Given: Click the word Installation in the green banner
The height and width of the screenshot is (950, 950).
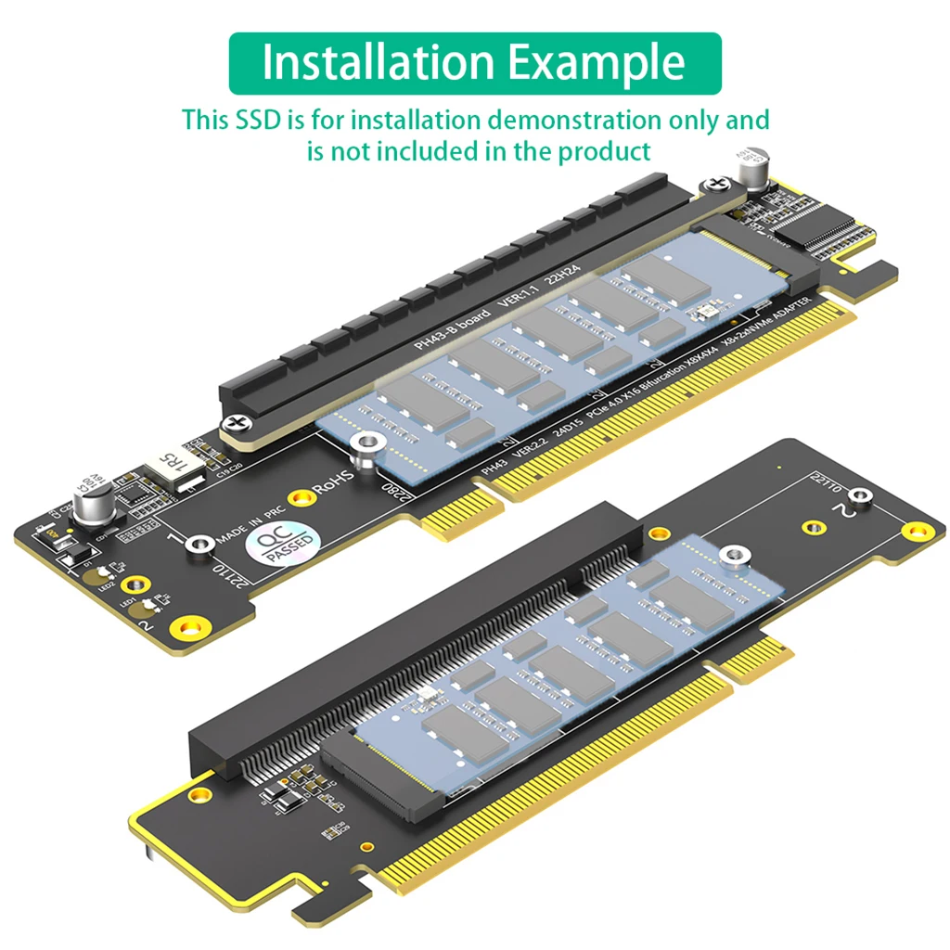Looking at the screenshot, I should point(379,62).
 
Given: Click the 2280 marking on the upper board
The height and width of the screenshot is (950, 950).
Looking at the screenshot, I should point(394,492).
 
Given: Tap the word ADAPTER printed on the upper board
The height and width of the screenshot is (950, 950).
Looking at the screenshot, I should point(797,312).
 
